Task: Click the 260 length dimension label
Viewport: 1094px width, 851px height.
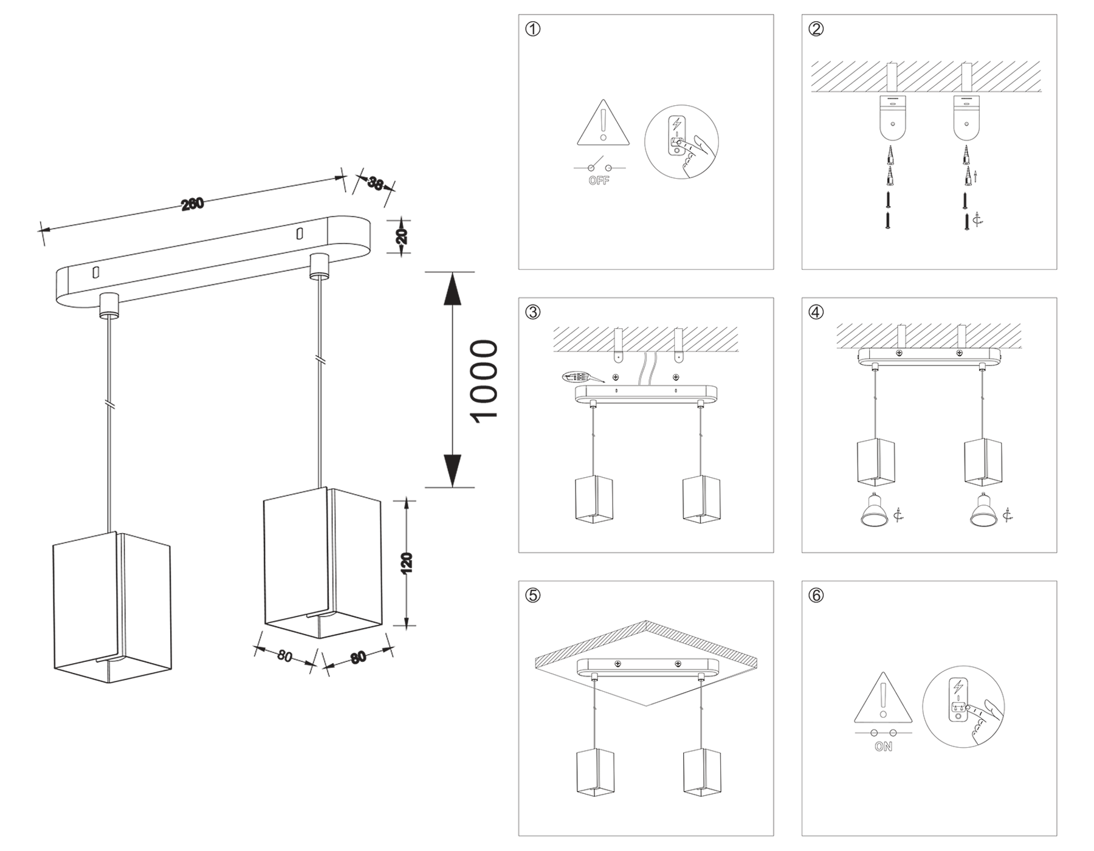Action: point(193,204)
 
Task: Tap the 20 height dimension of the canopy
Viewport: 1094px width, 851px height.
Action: point(402,236)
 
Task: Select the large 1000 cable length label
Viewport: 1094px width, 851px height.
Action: point(485,381)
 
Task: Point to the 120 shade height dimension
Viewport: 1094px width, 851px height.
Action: point(407,562)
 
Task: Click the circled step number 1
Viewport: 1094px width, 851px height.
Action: point(532,29)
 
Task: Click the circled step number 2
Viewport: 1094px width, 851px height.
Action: point(816,29)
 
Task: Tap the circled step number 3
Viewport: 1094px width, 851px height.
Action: point(532,312)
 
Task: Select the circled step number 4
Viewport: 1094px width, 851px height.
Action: point(816,312)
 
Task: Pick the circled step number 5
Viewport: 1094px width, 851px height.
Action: point(532,595)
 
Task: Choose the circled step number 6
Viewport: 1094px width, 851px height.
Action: point(816,595)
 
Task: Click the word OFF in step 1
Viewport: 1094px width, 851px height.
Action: point(599,181)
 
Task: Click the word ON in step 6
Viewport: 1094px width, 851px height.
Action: point(883,746)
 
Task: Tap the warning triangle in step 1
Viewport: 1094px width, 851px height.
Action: point(603,126)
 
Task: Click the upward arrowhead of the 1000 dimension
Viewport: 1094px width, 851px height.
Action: point(452,289)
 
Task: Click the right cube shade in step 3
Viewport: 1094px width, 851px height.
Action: point(701,499)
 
